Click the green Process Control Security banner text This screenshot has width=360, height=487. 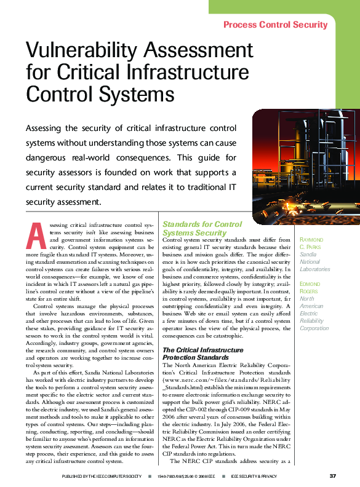(x=275, y=25)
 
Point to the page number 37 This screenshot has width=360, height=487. (x=332, y=476)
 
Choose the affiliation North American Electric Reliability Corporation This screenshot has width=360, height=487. (x=314, y=314)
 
